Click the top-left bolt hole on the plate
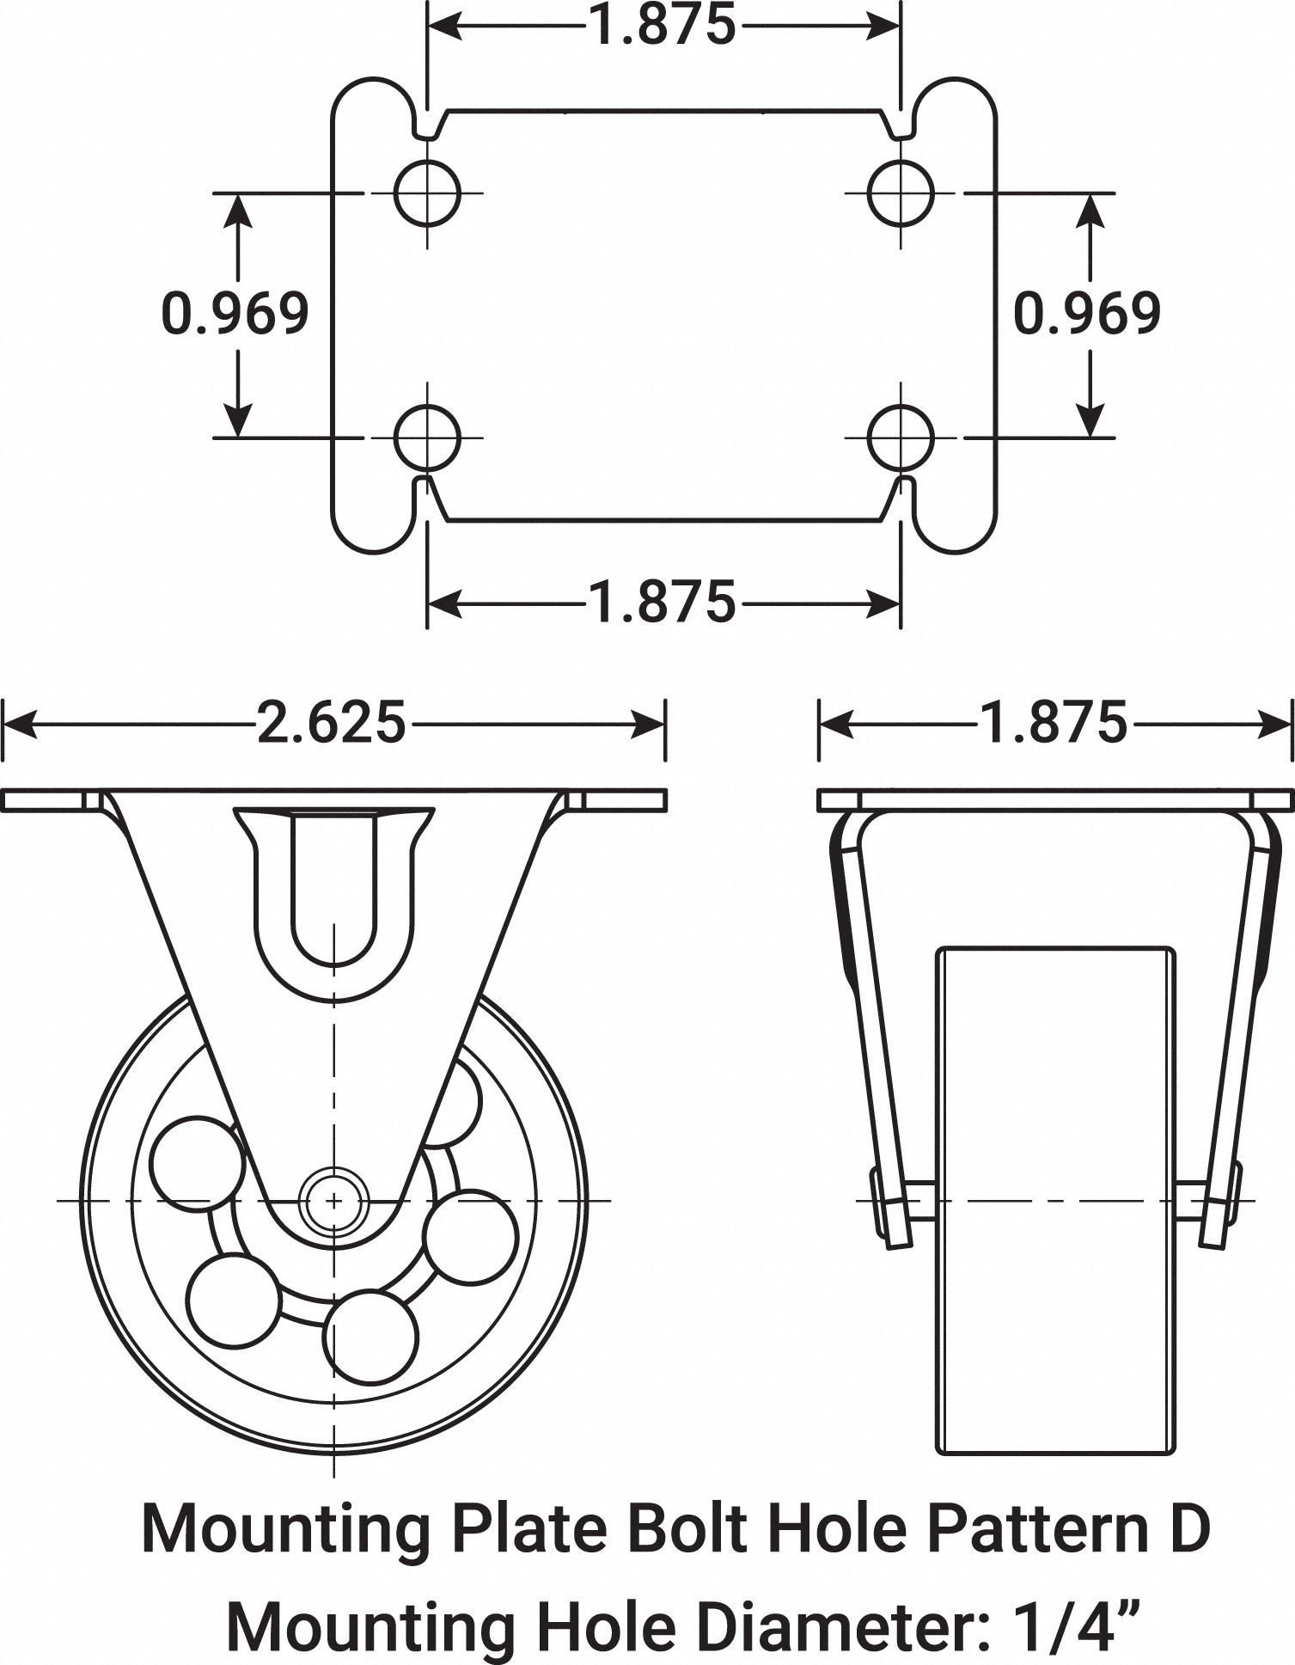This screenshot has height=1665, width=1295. [x=427, y=193]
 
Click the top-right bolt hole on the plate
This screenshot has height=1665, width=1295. [x=901, y=193]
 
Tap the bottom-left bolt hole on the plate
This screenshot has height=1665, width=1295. [x=427, y=438]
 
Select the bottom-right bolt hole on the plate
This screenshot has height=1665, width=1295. [x=901, y=438]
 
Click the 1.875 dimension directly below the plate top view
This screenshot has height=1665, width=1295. [x=663, y=602]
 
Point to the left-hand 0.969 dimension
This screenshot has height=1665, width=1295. [x=235, y=314]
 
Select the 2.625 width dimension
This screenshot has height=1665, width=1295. [x=331, y=724]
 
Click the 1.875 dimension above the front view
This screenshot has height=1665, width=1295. [x=1054, y=724]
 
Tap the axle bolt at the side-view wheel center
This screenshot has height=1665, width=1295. [x=333, y=1199]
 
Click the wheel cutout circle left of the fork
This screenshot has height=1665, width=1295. [x=197, y=1164]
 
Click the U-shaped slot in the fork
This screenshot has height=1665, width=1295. [x=333, y=885]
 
